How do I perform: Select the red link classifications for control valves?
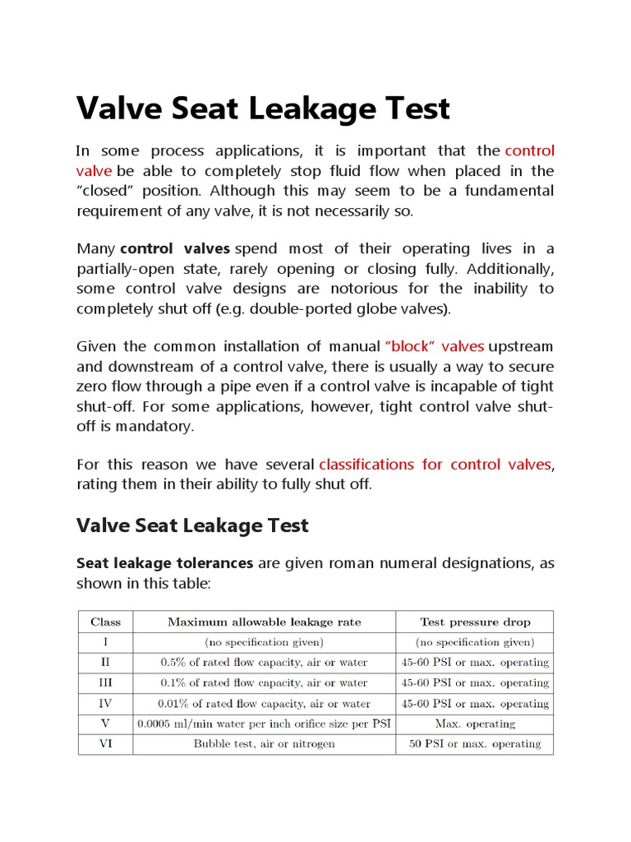point(435,465)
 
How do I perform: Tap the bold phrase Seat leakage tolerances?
point(164,563)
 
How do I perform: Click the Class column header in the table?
point(105,622)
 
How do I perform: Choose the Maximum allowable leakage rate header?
point(264,622)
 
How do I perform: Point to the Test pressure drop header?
point(475,622)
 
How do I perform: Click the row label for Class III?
point(105,682)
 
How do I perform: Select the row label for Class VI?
point(105,743)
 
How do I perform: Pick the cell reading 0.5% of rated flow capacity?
point(264,662)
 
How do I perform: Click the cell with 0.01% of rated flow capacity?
point(264,703)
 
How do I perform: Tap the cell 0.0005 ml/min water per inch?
point(264,724)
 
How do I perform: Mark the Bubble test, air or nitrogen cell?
point(264,743)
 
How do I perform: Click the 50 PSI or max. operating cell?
point(475,743)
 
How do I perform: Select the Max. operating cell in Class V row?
point(475,724)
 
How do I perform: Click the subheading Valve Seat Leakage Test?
point(192,525)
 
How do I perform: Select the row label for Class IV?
point(105,703)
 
